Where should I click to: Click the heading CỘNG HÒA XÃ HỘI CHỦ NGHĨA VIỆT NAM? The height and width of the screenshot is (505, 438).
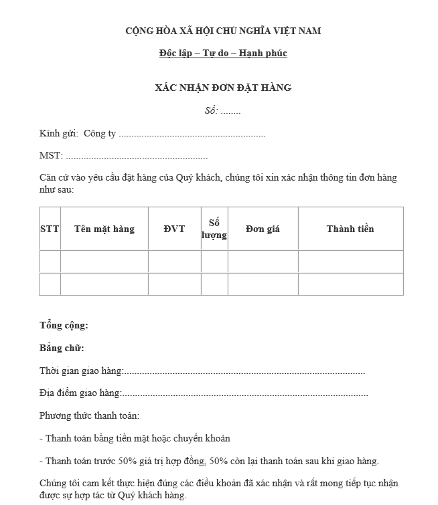click(x=223, y=31)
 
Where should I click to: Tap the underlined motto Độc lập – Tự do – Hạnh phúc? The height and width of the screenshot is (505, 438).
click(x=223, y=53)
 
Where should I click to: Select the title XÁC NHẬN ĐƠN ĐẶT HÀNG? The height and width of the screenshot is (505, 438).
click(x=223, y=88)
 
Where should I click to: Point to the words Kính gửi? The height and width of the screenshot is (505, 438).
click(x=59, y=134)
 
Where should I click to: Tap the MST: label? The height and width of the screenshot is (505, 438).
click(x=51, y=156)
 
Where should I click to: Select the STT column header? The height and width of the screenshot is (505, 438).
click(x=50, y=229)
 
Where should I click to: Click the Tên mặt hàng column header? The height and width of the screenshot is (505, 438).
click(x=104, y=229)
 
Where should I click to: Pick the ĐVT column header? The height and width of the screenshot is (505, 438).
click(x=174, y=229)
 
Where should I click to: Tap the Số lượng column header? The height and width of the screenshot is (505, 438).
click(x=214, y=229)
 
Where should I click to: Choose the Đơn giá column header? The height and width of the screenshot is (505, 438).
click(x=263, y=229)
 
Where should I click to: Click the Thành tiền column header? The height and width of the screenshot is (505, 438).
click(x=350, y=229)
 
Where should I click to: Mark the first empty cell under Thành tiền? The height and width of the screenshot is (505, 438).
click(x=350, y=262)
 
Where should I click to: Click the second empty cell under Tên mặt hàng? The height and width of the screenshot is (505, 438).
click(x=104, y=284)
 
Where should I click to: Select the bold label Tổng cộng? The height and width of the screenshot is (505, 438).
click(x=64, y=326)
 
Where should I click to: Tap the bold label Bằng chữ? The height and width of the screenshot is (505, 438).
click(x=62, y=348)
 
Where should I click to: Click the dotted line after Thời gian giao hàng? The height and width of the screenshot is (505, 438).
click(x=244, y=371)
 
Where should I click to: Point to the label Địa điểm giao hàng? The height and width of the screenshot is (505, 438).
click(x=80, y=393)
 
